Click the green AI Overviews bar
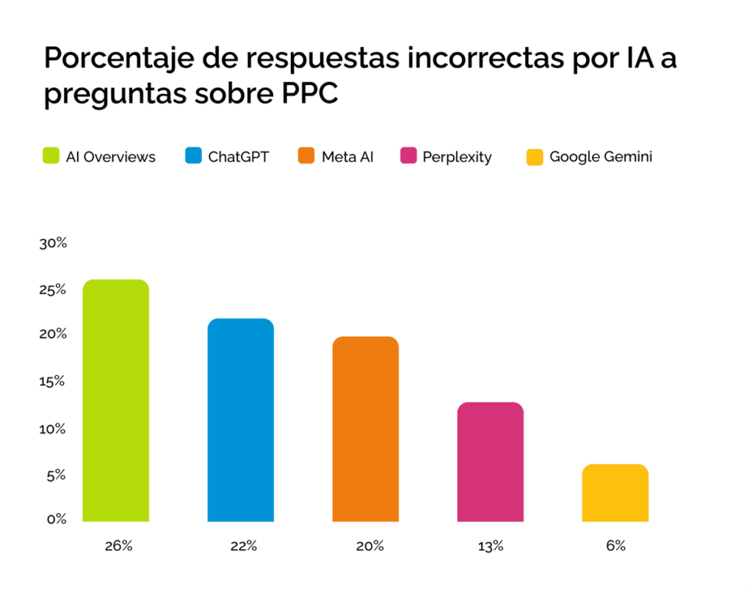coord(115,401)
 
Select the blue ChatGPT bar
coord(241,420)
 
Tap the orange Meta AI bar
coord(366,429)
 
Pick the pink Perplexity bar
coord(491,462)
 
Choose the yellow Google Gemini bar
coord(615,492)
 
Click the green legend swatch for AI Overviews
coord(51,156)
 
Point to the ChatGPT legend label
coord(239,156)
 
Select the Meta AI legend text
coord(347,156)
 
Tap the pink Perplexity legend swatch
coord(408,156)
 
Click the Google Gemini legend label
coord(601,156)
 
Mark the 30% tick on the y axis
coord(53,244)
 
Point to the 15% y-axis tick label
coord(53,382)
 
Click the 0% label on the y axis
coord(57,520)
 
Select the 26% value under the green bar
coord(118,545)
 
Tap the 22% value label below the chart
coord(243,545)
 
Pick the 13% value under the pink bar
coord(491,545)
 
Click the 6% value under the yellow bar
coord(616,545)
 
